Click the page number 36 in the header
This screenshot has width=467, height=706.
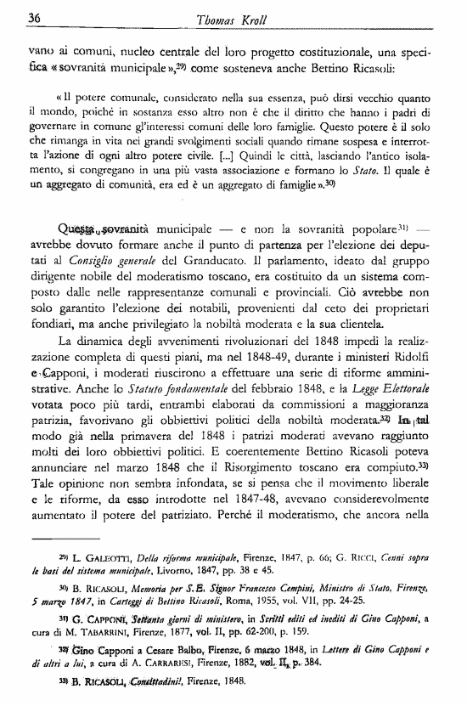tap(36, 19)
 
